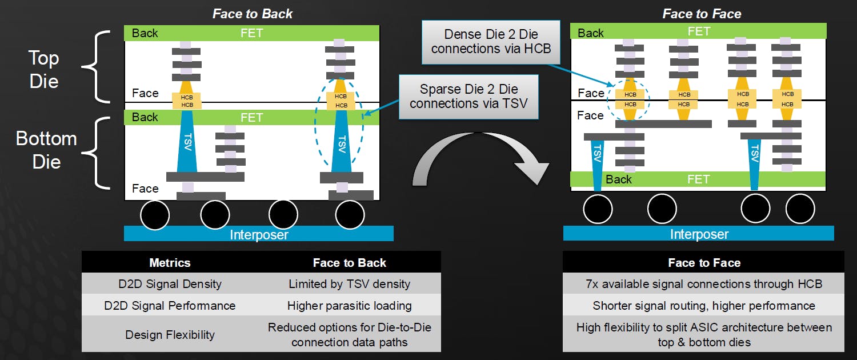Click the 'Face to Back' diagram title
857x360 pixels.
coord(253,13)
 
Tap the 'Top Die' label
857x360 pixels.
coord(44,69)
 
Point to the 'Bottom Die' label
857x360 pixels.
coord(46,150)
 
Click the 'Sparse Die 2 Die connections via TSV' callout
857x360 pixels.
coord(468,96)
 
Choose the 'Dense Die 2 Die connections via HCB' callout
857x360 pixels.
coord(491,41)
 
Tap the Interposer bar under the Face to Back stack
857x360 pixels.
coord(259,234)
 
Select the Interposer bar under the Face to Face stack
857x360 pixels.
coord(698,233)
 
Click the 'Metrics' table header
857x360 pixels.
coord(170,262)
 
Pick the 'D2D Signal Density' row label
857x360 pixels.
coord(170,283)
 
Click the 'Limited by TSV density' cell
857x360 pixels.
coord(349,283)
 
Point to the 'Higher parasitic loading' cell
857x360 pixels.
coord(349,305)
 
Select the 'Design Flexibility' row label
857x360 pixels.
coord(170,334)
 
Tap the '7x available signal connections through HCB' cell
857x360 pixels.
coord(704,283)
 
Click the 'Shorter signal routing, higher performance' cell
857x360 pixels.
coord(704,305)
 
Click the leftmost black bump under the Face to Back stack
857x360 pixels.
coord(154,215)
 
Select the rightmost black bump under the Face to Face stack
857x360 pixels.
coord(800,209)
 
